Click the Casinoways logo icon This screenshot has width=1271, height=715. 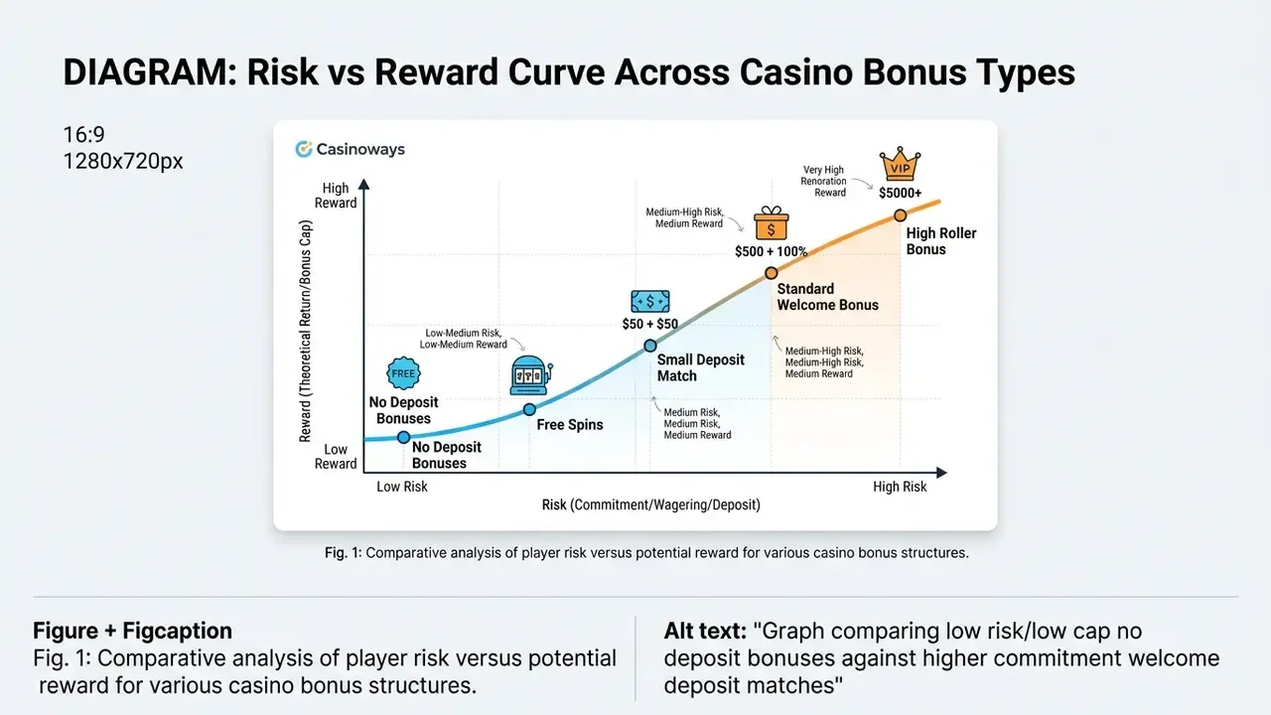click(x=304, y=149)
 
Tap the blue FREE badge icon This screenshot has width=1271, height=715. click(x=403, y=373)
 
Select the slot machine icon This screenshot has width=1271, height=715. click(x=530, y=375)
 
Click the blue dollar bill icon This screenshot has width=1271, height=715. click(x=650, y=301)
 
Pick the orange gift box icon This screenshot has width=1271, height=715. click(x=772, y=223)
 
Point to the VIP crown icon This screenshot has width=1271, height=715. click(x=900, y=164)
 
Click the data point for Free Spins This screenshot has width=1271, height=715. click(x=529, y=409)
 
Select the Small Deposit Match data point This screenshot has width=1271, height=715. click(x=650, y=346)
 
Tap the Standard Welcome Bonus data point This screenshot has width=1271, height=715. click(x=772, y=273)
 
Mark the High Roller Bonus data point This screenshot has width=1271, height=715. click(x=900, y=215)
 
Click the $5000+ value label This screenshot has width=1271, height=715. click(x=900, y=193)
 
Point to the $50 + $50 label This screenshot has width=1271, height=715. click(x=650, y=324)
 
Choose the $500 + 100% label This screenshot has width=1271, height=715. click(x=772, y=251)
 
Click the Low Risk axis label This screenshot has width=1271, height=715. click(x=402, y=487)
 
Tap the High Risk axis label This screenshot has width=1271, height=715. click(x=900, y=487)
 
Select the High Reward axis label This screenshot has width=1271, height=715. click(x=336, y=196)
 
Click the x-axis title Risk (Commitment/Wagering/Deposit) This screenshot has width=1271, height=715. click(x=650, y=504)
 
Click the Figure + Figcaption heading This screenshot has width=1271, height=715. click(x=132, y=631)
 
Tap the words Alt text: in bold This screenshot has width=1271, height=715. click(x=705, y=631)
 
